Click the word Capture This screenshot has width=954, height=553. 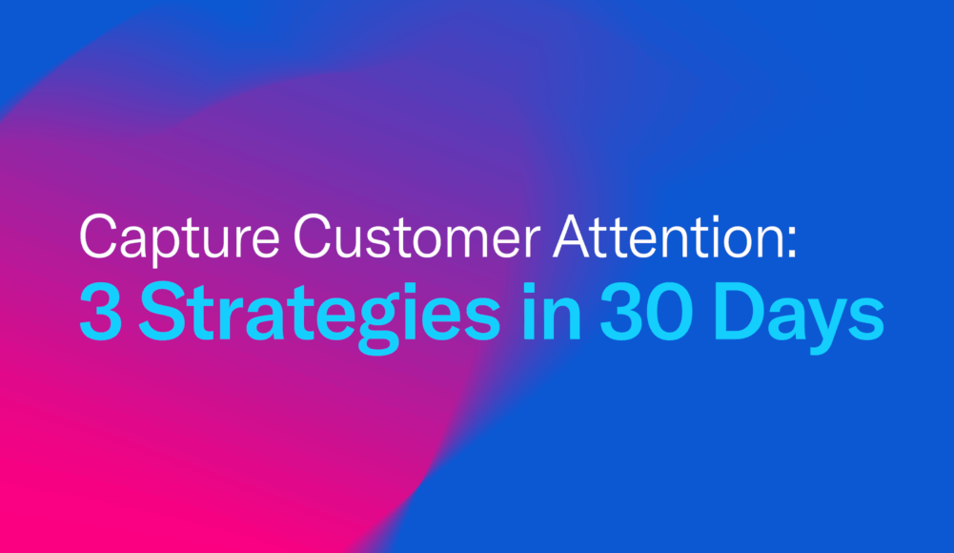[x=179, y=239]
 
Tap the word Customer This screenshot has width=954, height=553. [x=416, y=236]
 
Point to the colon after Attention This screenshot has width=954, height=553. [x=792, y=243]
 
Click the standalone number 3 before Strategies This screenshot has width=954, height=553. [x=100, y=312]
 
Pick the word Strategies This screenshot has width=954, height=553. [x=319, y=317]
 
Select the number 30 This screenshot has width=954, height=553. [x=647, y=312]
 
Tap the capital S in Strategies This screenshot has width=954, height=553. [x=162, y=312]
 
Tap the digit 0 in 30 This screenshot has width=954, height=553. [x=671, y=312]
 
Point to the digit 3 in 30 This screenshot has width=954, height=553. [x=621, y=312]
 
